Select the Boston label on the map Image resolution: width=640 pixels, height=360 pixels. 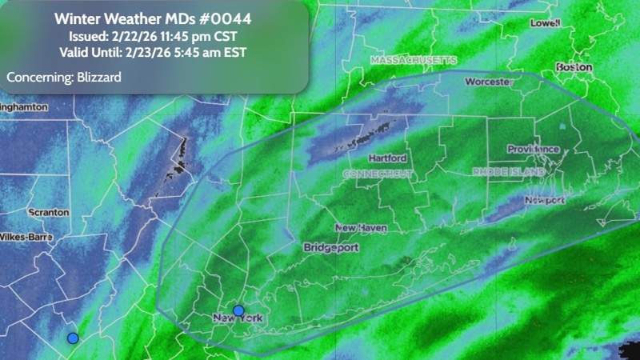point(574,67)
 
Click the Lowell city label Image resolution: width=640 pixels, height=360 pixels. point(546,23)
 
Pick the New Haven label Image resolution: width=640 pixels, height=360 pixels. point(361,228)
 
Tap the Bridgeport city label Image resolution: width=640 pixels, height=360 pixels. point(331,248)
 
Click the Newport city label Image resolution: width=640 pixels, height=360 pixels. point(545,199)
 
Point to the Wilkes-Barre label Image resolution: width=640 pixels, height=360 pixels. point(26,238)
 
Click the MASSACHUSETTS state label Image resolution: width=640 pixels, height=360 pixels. point(413,60)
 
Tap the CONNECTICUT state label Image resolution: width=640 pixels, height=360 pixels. point(378,173)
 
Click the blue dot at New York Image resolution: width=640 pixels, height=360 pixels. point(238,310)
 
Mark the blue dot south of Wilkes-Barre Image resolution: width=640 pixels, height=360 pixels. point(73,338)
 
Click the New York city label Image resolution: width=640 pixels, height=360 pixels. point(238,320)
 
